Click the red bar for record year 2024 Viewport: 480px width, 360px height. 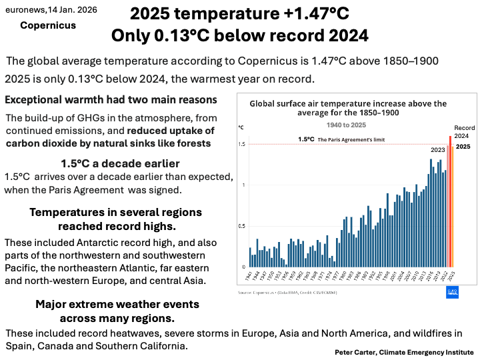(x=449, y=200)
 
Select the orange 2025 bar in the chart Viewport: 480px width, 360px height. (x=452, y=203)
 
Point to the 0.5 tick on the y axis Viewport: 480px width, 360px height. (x=242, y=226)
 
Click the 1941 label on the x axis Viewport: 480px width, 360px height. (x=249, y=276)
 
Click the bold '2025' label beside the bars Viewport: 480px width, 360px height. (x=463, y=146)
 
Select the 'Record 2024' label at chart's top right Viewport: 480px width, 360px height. (x=465, y=131)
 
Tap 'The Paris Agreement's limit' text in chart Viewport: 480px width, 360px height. (x=351, y=140)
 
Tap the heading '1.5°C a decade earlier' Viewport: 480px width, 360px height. (x=120, y=164)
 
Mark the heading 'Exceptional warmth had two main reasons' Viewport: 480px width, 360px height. (x=111, y=100)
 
